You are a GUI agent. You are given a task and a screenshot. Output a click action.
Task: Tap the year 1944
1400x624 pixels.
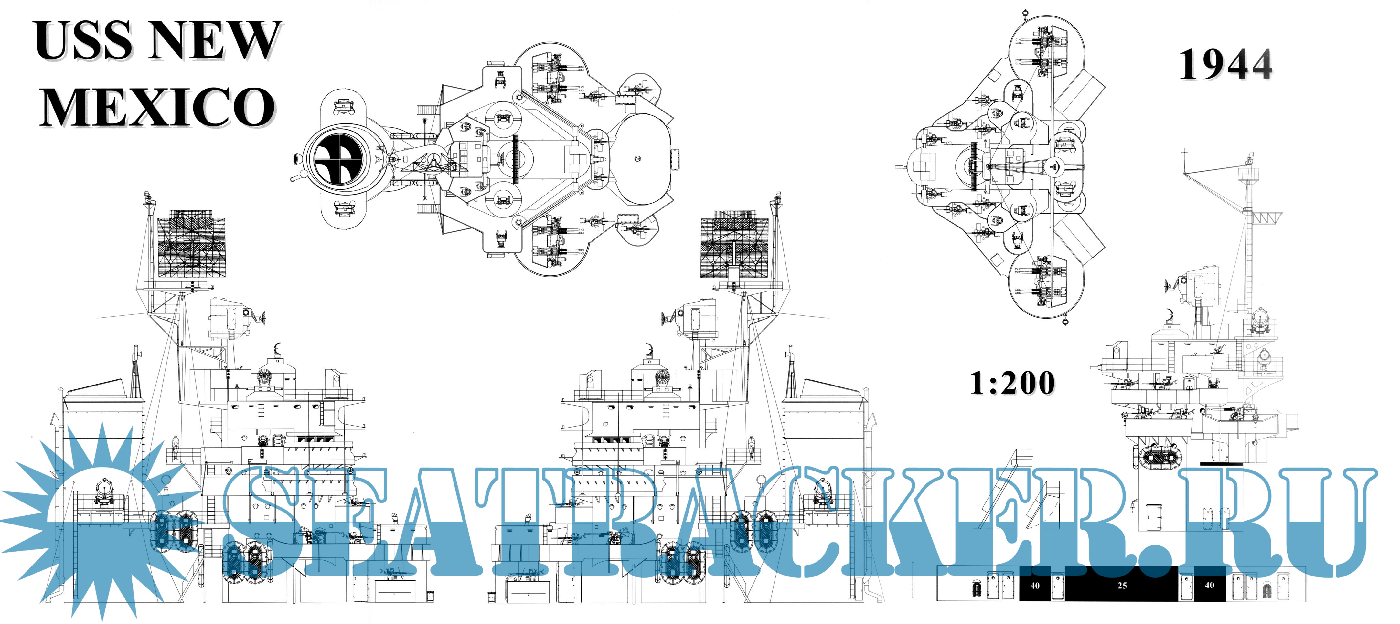click(1225, 65)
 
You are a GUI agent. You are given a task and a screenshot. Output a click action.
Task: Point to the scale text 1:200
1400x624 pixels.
click(1012, 383)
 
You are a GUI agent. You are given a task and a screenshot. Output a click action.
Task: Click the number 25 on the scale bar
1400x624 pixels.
click(1122, 586)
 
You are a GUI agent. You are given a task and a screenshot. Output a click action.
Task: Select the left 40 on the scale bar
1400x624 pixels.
click(1035, 586)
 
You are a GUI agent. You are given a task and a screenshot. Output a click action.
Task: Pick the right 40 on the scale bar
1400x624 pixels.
click(1209, 586)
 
